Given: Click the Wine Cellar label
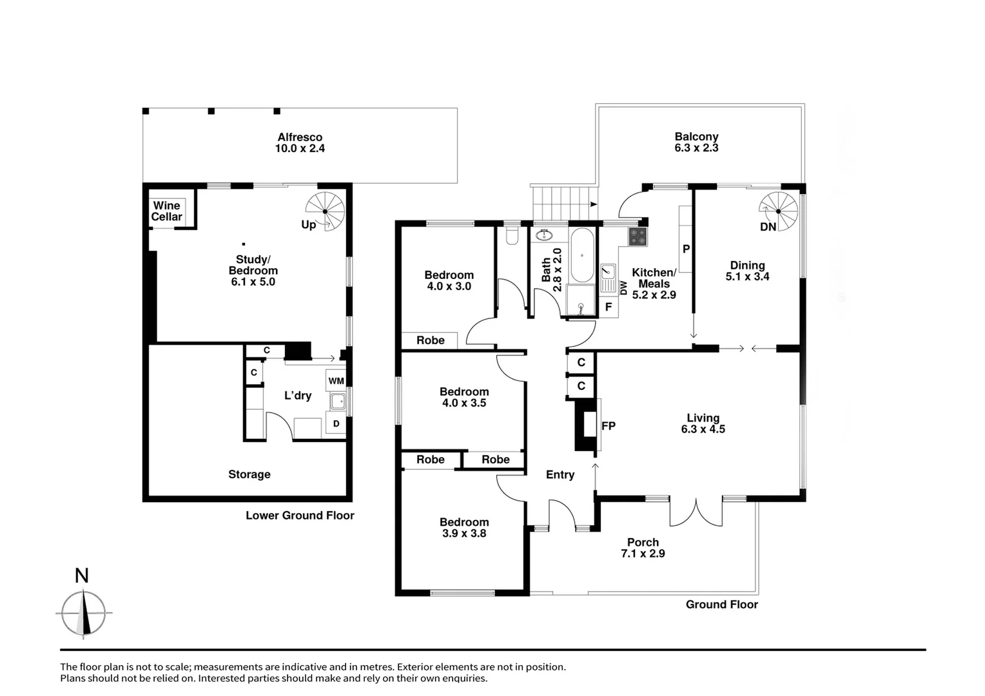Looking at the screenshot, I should pos(166,211).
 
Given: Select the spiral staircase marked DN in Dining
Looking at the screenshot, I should pos(777,211).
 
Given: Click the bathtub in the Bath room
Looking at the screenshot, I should pos(582,255).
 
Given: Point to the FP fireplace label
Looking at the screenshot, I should pos(608,426).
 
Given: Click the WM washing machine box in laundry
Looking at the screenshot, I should pos(336,381).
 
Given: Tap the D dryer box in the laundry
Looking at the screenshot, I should pos(336,423).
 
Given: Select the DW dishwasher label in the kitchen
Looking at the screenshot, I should pos(623,288).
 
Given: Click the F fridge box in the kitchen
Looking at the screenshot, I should pos(608,307).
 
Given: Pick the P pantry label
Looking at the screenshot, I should pos(686,249).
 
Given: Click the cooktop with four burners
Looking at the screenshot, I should pos(638,237).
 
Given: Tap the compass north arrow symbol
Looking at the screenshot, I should pos(83,613).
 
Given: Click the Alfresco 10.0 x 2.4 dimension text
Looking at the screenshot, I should pos(300,148).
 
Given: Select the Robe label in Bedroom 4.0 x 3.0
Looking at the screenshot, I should pos(430,340).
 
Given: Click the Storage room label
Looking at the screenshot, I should pos(249,474).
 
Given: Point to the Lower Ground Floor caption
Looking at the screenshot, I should pos(300,516).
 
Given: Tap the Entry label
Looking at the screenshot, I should pos(560,475).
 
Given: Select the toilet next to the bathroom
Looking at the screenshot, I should pos(512,237).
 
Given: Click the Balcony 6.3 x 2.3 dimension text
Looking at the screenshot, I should pos(696,148).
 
